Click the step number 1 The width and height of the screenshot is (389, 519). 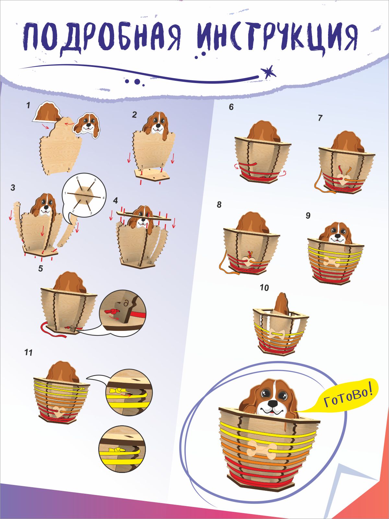click(29, 105)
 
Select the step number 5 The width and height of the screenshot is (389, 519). click(41, 269)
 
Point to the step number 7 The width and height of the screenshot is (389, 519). click(320, 118)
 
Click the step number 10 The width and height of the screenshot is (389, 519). click(264, 288)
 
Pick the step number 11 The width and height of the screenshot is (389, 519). click(29, 352)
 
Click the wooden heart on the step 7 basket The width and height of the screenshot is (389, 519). click(343, 179)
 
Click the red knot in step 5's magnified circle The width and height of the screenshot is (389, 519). click(112, 311)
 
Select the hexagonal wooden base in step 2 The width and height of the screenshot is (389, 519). click(152, 175)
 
